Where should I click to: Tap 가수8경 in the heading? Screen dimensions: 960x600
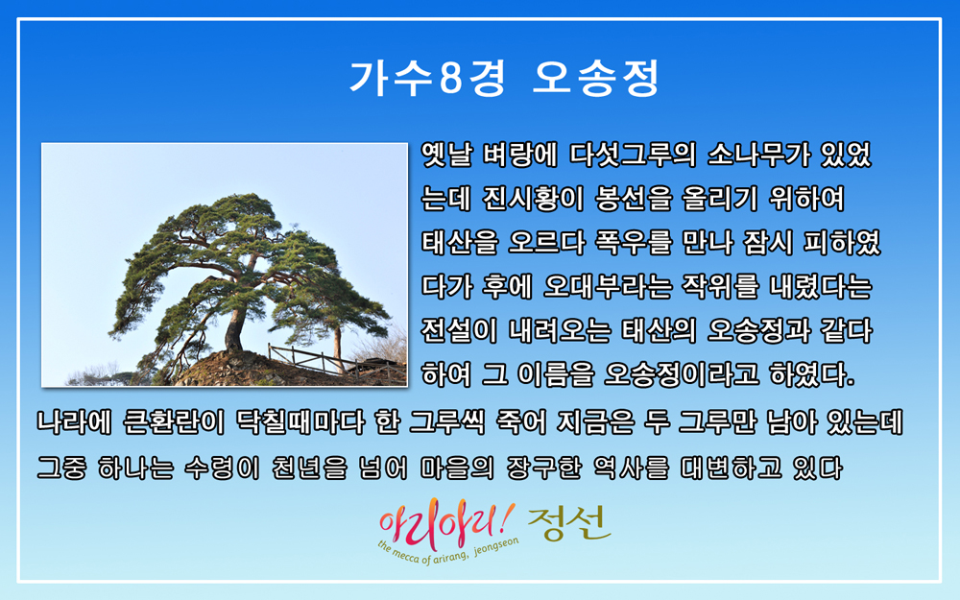tap(427, 78)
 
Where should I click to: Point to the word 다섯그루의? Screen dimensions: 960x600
tap(633, 155)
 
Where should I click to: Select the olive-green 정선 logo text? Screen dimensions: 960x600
tap(569, 523)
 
